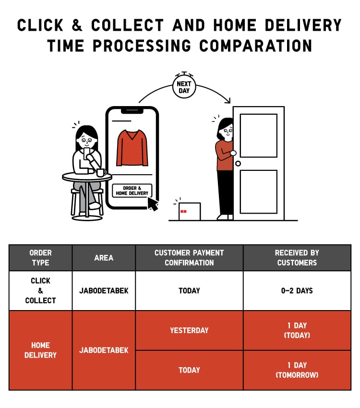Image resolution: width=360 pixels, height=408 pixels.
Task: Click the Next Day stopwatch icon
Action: point(184,85)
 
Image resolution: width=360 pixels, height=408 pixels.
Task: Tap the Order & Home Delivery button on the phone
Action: point(132,191)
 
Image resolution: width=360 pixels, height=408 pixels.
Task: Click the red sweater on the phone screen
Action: point(132,147)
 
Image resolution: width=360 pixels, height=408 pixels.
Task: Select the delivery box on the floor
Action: point(190,211)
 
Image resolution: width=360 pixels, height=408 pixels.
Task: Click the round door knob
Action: point(238,163)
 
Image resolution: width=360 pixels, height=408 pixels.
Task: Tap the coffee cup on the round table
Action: point(101,172)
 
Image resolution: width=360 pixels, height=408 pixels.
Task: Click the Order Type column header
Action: point(41,258)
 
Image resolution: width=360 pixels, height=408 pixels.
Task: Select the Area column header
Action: point(104,258)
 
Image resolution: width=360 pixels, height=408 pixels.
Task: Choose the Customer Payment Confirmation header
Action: point(190,258)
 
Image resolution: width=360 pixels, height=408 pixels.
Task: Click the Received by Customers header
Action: point(297,258)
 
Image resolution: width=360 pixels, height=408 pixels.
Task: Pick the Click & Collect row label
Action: point(41,291)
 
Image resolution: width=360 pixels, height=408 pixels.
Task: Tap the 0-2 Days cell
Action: point(297,291)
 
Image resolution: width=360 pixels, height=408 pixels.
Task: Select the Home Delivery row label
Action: point(41,350)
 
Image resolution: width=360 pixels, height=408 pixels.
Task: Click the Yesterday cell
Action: point(190,330)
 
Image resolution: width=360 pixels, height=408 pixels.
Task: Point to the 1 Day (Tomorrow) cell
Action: point(297,370)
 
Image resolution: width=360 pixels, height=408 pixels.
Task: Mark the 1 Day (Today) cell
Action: point(297,330)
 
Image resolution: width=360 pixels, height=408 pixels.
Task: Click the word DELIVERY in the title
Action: point(303,25)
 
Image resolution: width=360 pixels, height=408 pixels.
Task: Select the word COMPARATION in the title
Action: point(256,46)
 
